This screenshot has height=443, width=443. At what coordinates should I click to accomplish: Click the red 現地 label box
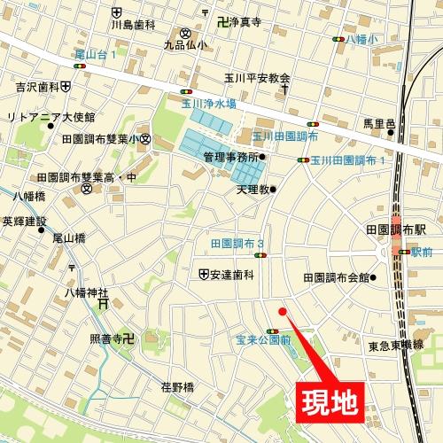pos(326,401)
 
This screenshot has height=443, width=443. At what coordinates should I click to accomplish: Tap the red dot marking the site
pos(283,311)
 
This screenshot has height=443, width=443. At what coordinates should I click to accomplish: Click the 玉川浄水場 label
pos(208,104)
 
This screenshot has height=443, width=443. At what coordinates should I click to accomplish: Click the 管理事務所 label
pos(229,157)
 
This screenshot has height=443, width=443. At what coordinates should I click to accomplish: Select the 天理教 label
pos(253,189)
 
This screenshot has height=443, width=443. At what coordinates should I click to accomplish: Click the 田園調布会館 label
pos(336,277)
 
